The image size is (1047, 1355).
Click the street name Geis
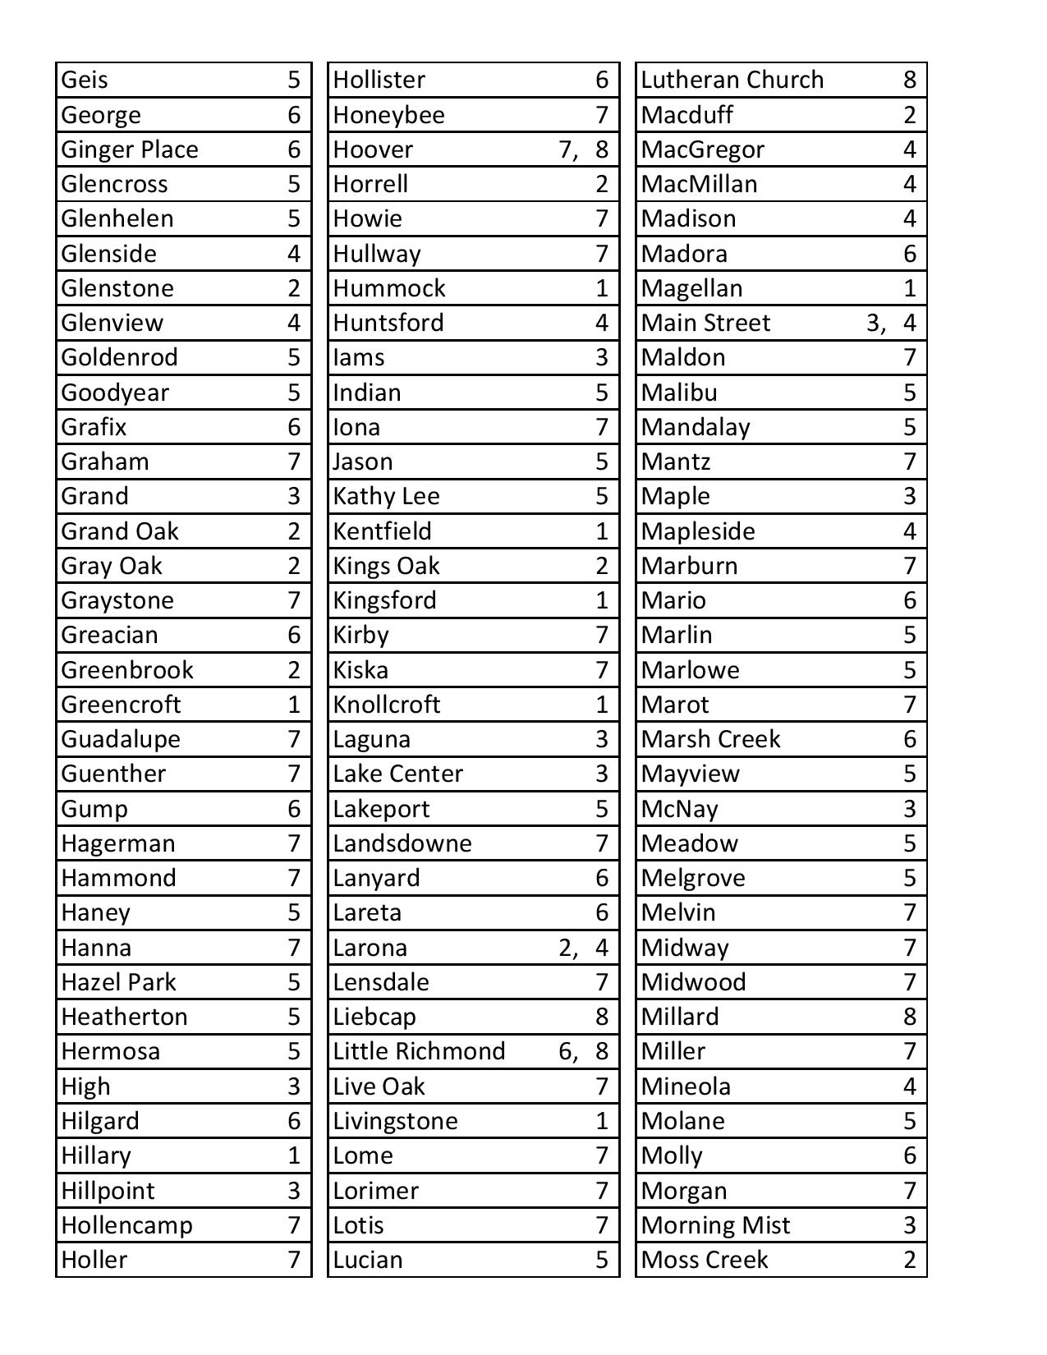(85, 80)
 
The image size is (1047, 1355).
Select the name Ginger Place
(130, 149)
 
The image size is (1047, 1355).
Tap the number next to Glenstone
(294, 288)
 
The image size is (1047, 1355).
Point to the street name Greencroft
(121, 705)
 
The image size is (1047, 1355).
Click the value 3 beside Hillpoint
(294, 1191)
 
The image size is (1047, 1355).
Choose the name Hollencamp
(126, 1225)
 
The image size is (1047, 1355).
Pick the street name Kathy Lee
(386, 496)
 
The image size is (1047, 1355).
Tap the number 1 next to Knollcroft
(602, 705)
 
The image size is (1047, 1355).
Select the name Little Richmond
(419, 1051)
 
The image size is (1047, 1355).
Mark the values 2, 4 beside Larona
(583, 948)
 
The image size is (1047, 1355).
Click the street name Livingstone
(395, 1121)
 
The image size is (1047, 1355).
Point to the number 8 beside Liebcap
(602, 1017)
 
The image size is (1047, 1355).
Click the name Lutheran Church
(732, 80)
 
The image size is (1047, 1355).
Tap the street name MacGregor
(702, 149)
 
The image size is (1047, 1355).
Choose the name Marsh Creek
(710, 739)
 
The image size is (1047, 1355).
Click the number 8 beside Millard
(909, 1017)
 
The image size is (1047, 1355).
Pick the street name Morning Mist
(715, 1225)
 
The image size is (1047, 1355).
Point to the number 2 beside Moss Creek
(909, 1260)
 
